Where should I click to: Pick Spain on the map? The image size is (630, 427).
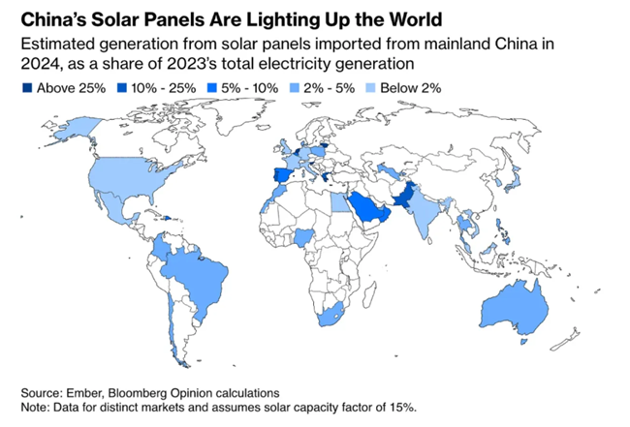[278, 178]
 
